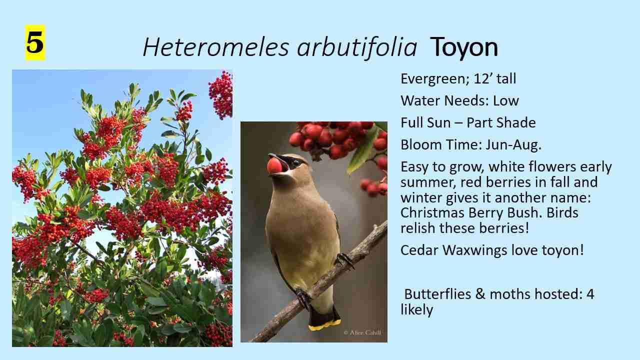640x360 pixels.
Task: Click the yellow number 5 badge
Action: coord(35,42)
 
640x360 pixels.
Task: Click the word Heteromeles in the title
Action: coord(215,47)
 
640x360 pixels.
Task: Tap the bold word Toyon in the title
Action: coord(463,47)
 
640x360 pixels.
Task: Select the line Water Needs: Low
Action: coord(459,101)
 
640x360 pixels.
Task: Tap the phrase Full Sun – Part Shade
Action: coord(468,123)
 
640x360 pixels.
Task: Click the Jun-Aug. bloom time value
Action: coord(518,145)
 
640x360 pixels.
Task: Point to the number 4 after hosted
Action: coord(590,294)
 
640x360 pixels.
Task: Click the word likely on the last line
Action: coord(416,310)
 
